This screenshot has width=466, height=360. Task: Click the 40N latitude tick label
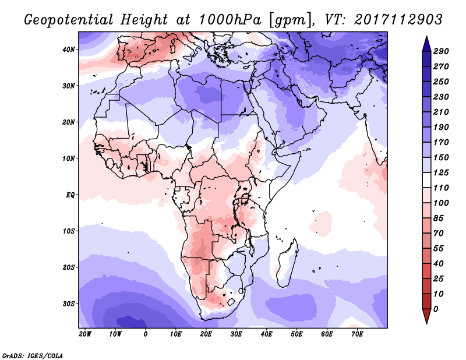69,50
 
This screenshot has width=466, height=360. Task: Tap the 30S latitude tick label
69,303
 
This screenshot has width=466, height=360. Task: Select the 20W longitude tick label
85,334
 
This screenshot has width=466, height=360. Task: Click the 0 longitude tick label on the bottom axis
145,334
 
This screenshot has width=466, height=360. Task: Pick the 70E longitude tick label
357,334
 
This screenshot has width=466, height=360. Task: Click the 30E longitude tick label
236,334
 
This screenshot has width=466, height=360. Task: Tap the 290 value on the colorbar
441,51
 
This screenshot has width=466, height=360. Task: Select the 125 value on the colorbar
441,172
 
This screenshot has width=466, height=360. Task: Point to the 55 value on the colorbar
439,249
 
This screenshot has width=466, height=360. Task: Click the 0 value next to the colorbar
436,309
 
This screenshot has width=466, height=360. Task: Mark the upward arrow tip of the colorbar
426,37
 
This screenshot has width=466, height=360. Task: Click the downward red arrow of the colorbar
426,316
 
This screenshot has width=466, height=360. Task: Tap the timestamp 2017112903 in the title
398,20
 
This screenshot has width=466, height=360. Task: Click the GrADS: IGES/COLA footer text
33,355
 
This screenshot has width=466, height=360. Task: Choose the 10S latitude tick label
69,231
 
